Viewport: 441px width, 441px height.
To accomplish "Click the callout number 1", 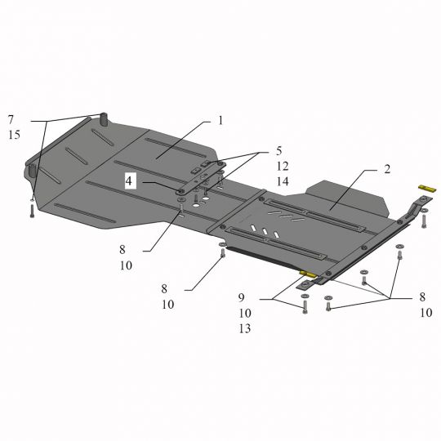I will click(x=220, y=121).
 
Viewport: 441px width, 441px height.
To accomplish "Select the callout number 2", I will click(x=386, y=170).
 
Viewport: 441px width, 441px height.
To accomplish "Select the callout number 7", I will click(x=11, y=120).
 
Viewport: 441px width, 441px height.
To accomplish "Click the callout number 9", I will click(x=241, y=298).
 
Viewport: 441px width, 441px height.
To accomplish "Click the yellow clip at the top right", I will click(x=425, y=189).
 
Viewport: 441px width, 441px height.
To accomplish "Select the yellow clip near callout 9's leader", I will click(x=307, y=274).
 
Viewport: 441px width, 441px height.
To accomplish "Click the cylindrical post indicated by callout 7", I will click(x=105, y=118).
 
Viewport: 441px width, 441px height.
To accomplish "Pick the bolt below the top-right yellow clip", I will click(x=423, y=222).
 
